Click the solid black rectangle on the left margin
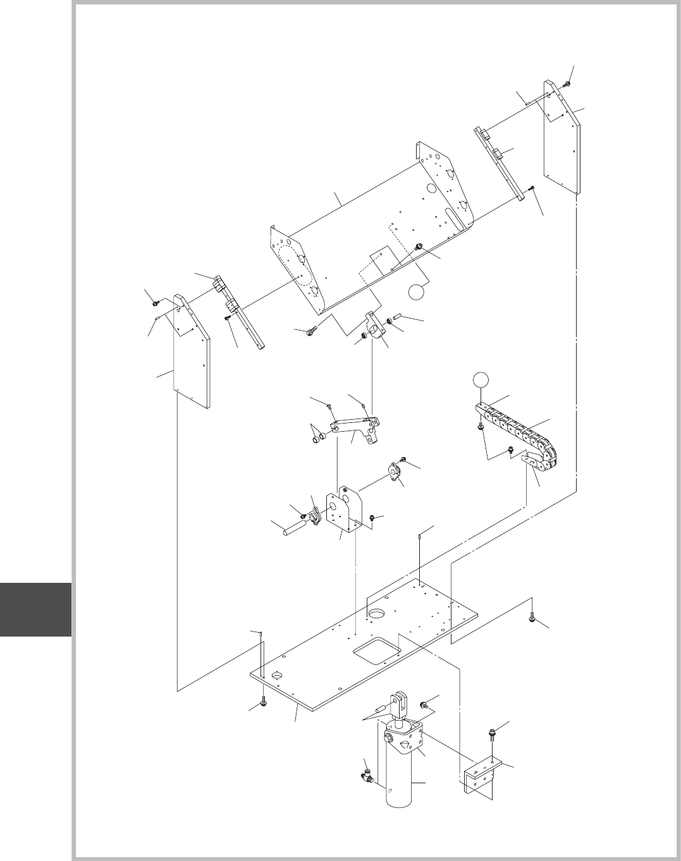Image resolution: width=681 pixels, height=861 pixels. click(35, 609)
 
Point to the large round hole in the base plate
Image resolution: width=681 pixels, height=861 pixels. click(377, 613)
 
